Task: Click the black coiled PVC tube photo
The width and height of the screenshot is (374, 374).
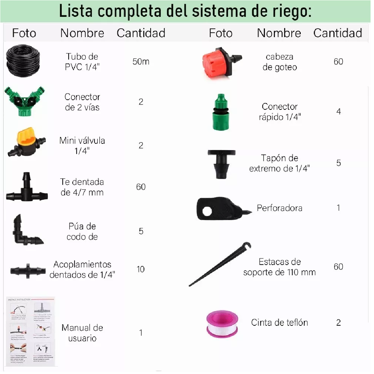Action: (x=23, y=61)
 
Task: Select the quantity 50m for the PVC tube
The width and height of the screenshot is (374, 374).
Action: (x=141, y=62)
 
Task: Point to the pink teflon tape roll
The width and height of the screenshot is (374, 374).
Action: (x=222, y=324)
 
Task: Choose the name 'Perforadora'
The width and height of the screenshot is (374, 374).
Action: (x=279, y=208)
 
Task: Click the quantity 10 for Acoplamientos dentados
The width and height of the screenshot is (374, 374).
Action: (x=141, y=269)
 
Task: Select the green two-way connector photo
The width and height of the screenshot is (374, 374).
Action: (x=25, y=102)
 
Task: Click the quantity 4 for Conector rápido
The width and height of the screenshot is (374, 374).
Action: (x=338, y=112)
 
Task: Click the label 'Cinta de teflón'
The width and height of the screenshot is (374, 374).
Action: (x=279, y=323)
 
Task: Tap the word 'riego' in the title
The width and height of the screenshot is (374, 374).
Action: (x=290, y=12)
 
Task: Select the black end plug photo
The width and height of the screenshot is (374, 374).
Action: (x=221, y=163)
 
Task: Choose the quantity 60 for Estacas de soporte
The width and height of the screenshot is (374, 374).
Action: (x=338, y=267)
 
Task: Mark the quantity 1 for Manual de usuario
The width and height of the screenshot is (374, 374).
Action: (x=141, y=333)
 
